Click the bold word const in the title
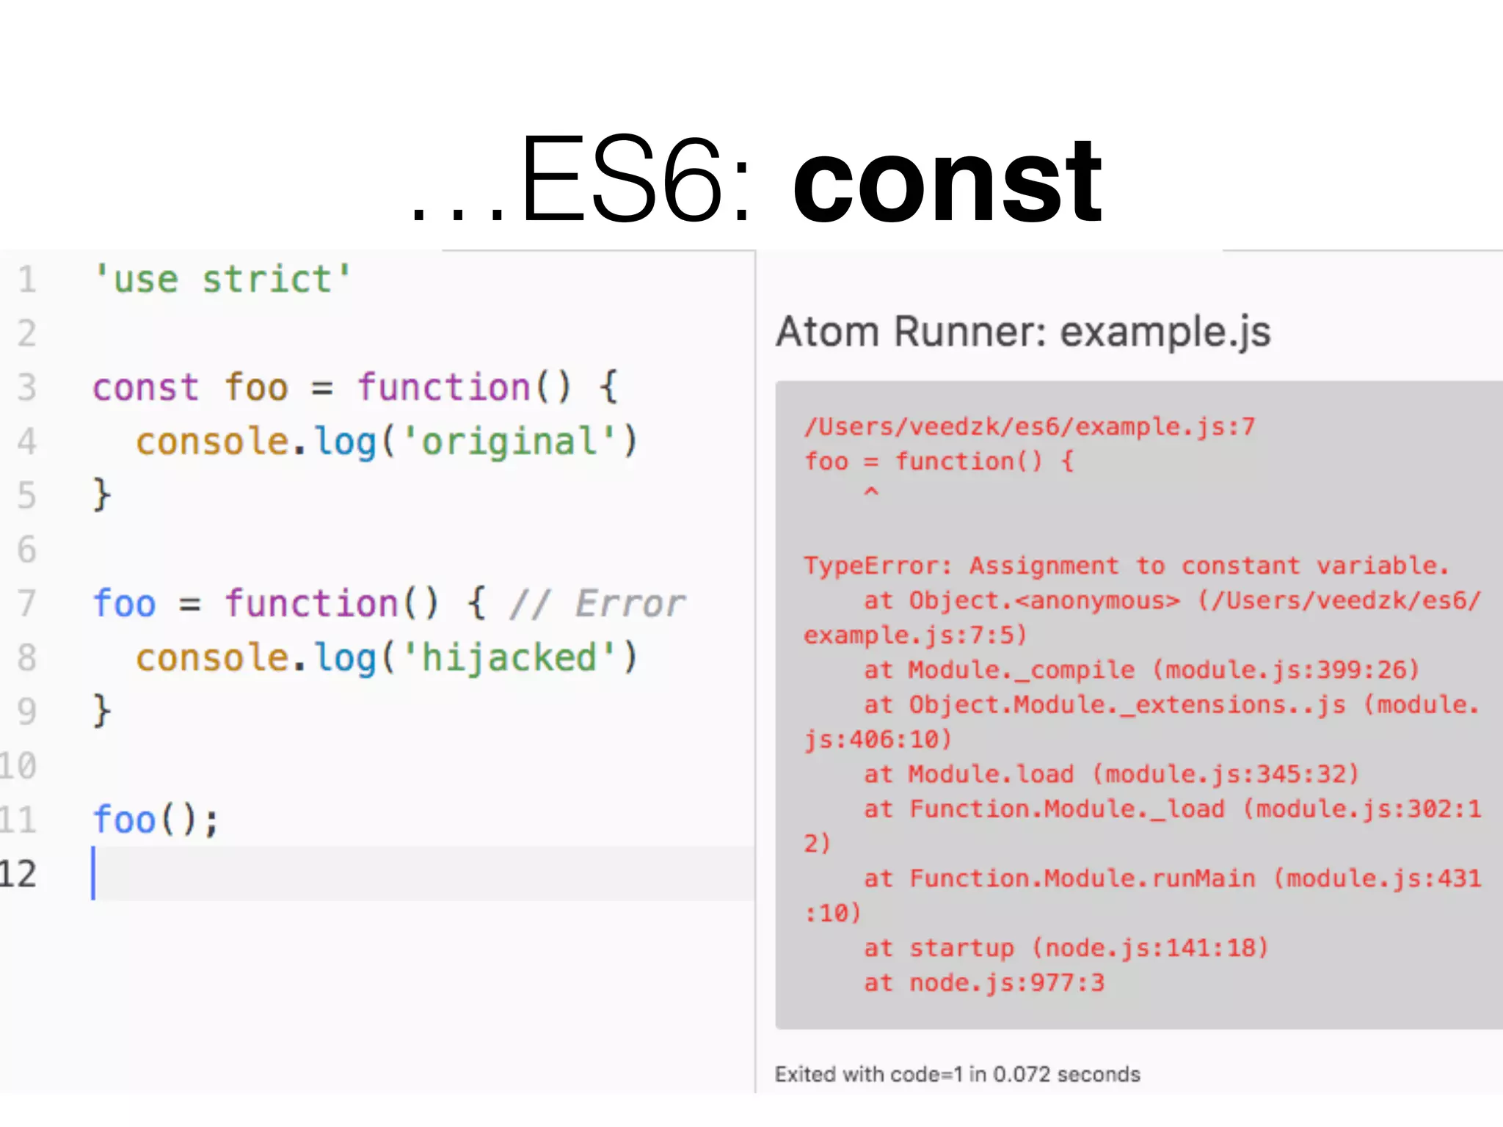[x=947, y=182]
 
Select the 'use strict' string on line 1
[x=223, y=279]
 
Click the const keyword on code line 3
[x=145, y=387]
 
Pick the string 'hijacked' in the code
[x=509, y=657]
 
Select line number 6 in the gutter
[x=26, y=549]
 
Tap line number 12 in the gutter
[x=18, y=873]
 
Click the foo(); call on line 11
[x=156, y=819]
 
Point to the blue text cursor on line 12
[x=93, y=873]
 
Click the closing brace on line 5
[x=101, y=495]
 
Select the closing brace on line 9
[x=101, y=710]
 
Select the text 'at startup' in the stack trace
[x=939, y=948]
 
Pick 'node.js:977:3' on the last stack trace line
[x=1006, y=982]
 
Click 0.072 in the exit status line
[x=1022, y=1074]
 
